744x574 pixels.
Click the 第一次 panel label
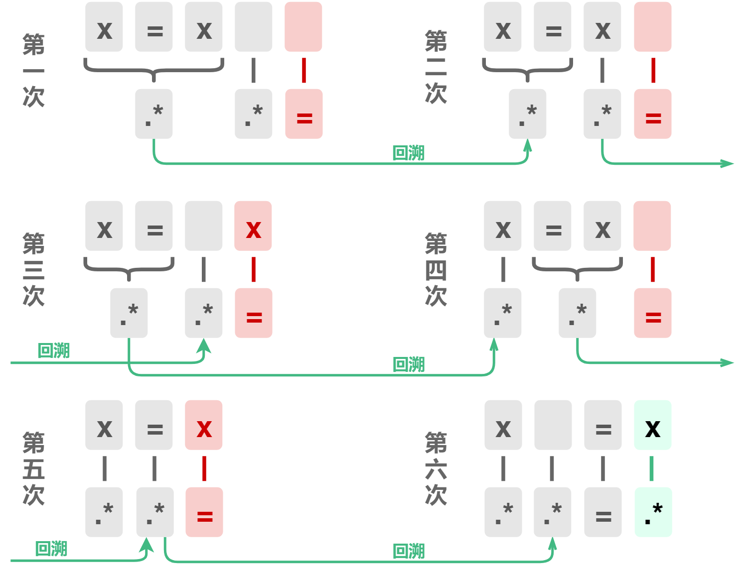click(x=33, y=70)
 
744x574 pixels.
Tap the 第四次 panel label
click(x=436, y=269)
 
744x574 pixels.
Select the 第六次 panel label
click(x=436, y=468)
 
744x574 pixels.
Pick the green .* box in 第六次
click(x=653, y=512)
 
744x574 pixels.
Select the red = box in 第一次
click(x=303, y=114)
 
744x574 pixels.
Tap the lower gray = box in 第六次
click(x=603, y=512)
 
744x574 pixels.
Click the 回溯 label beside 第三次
click(x=54, y=350)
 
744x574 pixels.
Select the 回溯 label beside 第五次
click(x=51, y=549)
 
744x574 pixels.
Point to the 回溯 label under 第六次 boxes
click(x=409, y=551)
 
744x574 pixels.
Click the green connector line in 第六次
click(x=651, y=468)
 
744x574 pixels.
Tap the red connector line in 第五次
click(x=204, y=468)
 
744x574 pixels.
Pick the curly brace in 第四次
click(x=577, y=268)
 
